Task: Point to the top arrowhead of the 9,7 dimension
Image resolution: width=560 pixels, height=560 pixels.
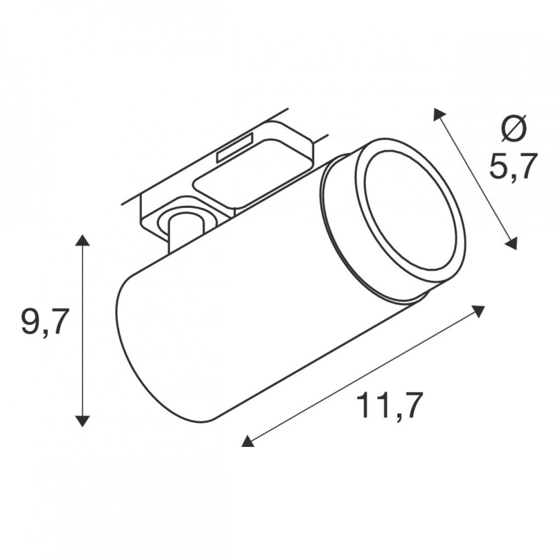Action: [82, 240]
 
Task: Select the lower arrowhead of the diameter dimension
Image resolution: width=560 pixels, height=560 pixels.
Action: [511, 244]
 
